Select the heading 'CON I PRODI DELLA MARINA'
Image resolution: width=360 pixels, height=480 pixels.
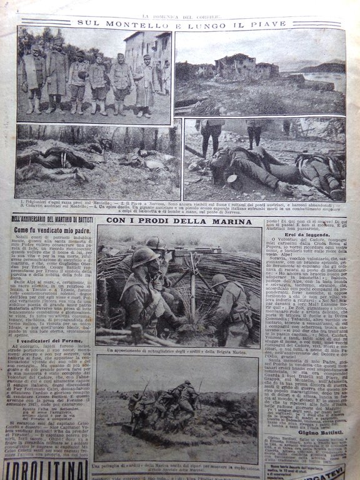[x=179, y=219]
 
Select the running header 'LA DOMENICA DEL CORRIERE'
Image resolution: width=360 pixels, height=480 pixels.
[x=179, y=7]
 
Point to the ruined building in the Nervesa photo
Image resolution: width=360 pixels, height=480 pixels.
[x=237, y=66]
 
